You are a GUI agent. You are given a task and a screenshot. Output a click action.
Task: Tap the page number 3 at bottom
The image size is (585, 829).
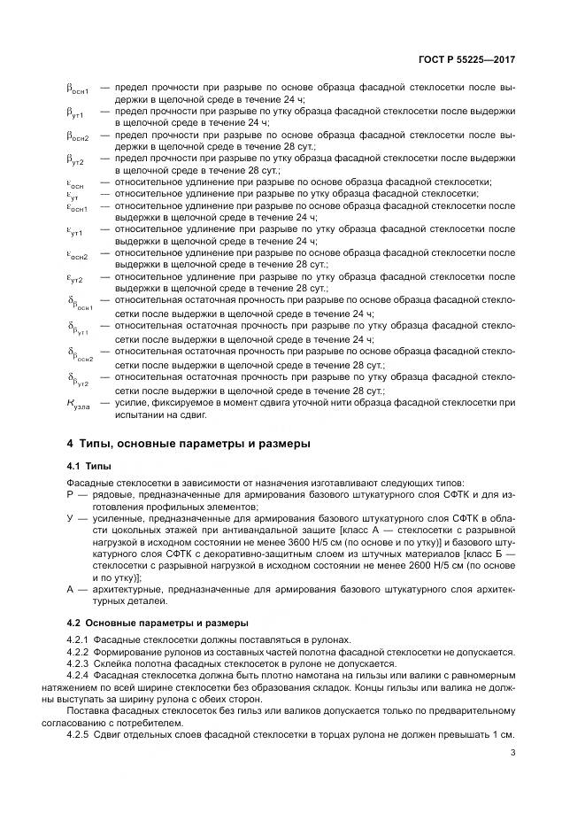click(513, 754)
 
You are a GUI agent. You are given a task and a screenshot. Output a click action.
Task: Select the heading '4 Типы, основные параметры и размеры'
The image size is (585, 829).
click(189, 443)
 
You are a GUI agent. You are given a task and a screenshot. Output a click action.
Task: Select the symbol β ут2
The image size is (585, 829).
click(75, 161)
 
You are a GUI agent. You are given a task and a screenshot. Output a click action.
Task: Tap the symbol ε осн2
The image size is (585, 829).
click(77, 255)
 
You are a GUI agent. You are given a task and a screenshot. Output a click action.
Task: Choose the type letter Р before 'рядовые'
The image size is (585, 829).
click(70, 494)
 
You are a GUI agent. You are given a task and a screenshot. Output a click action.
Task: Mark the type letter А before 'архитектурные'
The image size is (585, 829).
click(70, 589)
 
